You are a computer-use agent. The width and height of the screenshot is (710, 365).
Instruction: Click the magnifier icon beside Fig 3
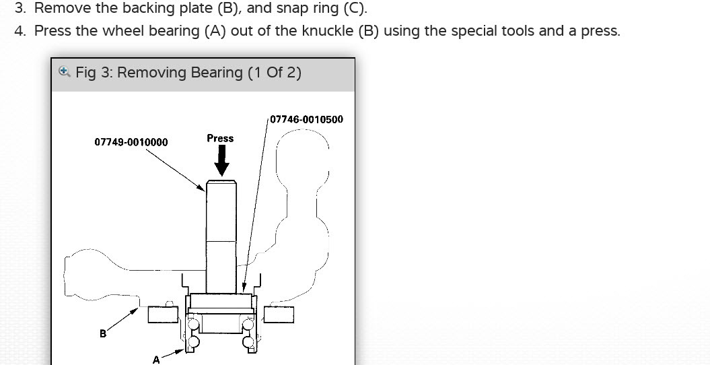click(65, 72)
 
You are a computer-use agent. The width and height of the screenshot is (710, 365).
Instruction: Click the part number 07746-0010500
click(307, 119)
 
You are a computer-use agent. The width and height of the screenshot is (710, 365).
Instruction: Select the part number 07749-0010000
click(131, 142)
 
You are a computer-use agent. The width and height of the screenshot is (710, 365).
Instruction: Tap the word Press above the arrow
click(220, 138)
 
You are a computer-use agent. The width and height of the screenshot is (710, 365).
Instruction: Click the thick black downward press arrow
click(221, 160)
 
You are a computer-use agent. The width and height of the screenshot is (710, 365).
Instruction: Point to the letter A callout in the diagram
click(156, 360)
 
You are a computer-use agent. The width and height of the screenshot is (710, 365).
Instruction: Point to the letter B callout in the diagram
click(103, 334)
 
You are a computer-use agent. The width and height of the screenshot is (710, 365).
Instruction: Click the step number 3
click(20, 8)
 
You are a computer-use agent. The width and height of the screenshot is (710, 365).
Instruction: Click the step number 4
click(20, 31)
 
